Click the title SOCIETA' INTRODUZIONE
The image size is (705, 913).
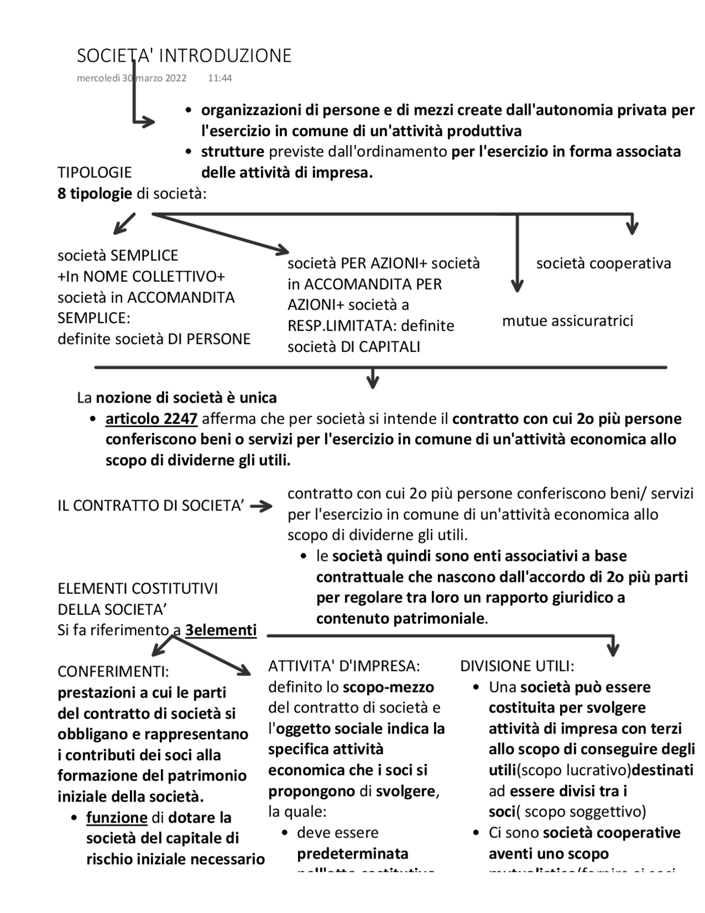click(x=184, y=56)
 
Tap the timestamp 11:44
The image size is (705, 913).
click(x=220, y=78)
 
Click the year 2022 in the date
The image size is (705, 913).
click(x=175, y=78)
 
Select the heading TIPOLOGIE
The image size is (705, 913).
click(x=95, y=173)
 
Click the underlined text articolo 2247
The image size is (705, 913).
click(x=151, y=419)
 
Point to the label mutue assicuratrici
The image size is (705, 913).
click(x=567, y=321)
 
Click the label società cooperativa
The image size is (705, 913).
click(x=603, y=264)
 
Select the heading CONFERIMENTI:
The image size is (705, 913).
click(x=113, y=672)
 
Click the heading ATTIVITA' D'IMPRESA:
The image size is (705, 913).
click(x=344, y=666)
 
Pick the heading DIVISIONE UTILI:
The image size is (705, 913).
click(x=517, y=666)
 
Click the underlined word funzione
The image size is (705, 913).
click(x=117, y=818)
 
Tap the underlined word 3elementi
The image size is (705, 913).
click(x=221, y=630)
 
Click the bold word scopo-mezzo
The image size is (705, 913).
click(x=388, y=687)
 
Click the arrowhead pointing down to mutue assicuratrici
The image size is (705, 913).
click(x=517, y=286)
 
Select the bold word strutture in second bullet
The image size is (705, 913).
click(x=232, y=152)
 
